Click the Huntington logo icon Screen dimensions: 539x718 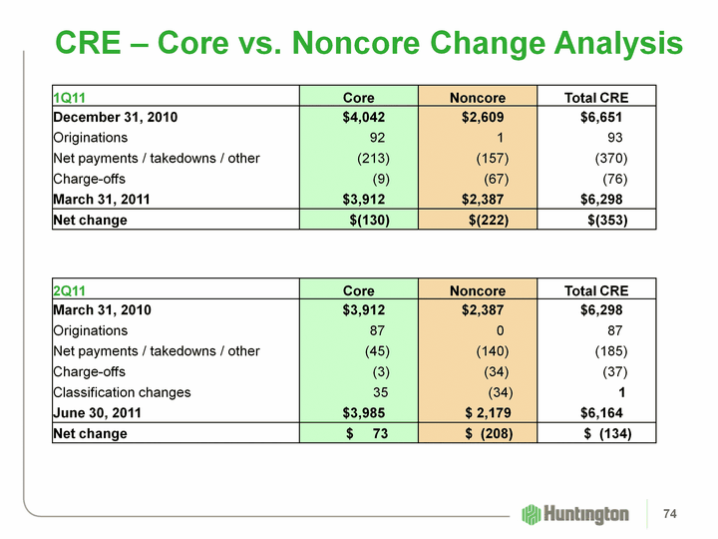[531, 514]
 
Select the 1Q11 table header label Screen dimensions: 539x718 [69, 98]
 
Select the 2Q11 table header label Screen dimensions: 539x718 [69, 290]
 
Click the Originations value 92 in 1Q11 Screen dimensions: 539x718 [377, 138]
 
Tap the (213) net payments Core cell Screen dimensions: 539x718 [373, 159]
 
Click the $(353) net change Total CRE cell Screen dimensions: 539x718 [608, 220]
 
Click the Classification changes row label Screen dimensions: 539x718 [122, 391]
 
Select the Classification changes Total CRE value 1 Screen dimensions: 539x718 [621, 391]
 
